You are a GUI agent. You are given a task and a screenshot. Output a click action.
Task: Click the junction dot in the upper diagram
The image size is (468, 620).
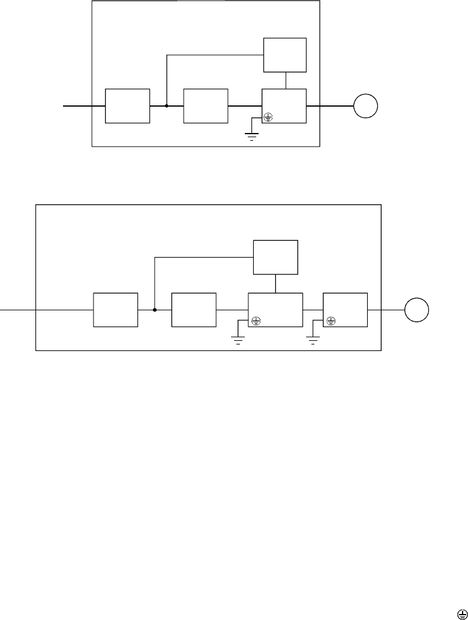166,105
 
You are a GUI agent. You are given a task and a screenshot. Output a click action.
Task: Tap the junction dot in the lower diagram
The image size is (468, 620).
155,310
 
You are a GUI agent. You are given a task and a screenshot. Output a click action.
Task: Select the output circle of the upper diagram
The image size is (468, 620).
365,106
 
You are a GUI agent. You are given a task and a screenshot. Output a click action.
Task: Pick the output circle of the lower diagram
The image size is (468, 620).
416,310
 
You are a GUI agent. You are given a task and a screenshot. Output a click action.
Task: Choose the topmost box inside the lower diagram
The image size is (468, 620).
275,258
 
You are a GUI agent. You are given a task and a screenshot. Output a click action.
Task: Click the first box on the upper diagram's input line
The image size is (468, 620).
127,105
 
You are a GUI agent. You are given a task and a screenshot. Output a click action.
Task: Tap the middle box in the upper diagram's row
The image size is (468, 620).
206,105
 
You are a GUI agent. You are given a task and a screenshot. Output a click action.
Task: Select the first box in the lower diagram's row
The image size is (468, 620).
116,310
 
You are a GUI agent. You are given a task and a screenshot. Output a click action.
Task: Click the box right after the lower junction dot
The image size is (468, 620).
194,310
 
